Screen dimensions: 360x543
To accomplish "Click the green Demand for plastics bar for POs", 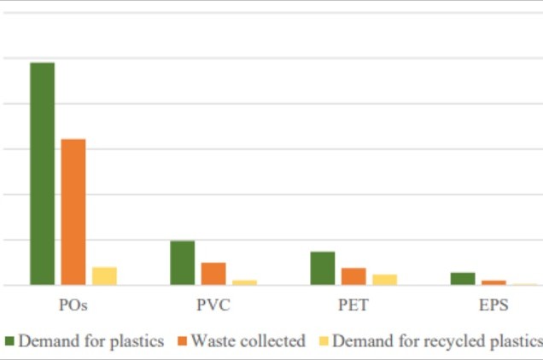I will point(43,174).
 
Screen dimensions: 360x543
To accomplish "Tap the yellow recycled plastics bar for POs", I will point(104,276).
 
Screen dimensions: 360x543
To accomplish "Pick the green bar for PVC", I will point(183,263).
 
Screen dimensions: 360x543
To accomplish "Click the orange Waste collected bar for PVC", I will point(213,274).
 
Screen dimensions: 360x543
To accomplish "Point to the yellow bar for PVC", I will point(244,282).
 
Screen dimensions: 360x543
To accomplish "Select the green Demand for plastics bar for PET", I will point(323,268).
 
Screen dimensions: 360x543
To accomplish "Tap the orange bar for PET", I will point(353,276).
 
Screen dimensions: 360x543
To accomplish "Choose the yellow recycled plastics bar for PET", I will point(384,279).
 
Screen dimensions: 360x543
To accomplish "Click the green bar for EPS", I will point(463,278).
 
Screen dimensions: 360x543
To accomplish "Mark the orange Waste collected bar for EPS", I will point(493,282).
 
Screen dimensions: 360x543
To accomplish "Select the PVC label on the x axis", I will point(213,305).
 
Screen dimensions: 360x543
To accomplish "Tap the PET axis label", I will point(353,305).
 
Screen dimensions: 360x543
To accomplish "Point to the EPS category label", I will point(493,305).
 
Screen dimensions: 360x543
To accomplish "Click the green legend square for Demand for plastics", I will point(10,341).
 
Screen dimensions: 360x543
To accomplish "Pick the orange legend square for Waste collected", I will point(183,341).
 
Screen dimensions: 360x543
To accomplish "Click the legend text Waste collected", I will point(248,341).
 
